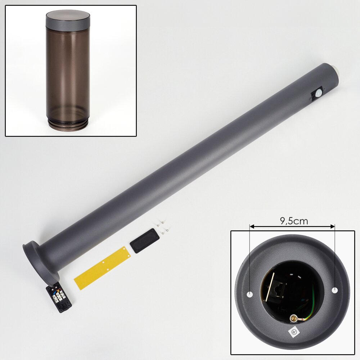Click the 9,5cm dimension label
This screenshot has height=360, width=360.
pos(294,221)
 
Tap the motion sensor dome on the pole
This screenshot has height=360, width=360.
pos(318,94)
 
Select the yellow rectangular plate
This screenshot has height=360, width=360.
pos(102,268)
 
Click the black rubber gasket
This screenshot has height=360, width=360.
pos(144,241)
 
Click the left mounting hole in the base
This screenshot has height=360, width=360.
pos(249,294)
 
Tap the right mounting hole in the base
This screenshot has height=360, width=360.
pos(335,290)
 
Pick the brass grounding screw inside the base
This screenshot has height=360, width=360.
pos(293,318)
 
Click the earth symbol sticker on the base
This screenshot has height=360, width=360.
pos(293,332)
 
